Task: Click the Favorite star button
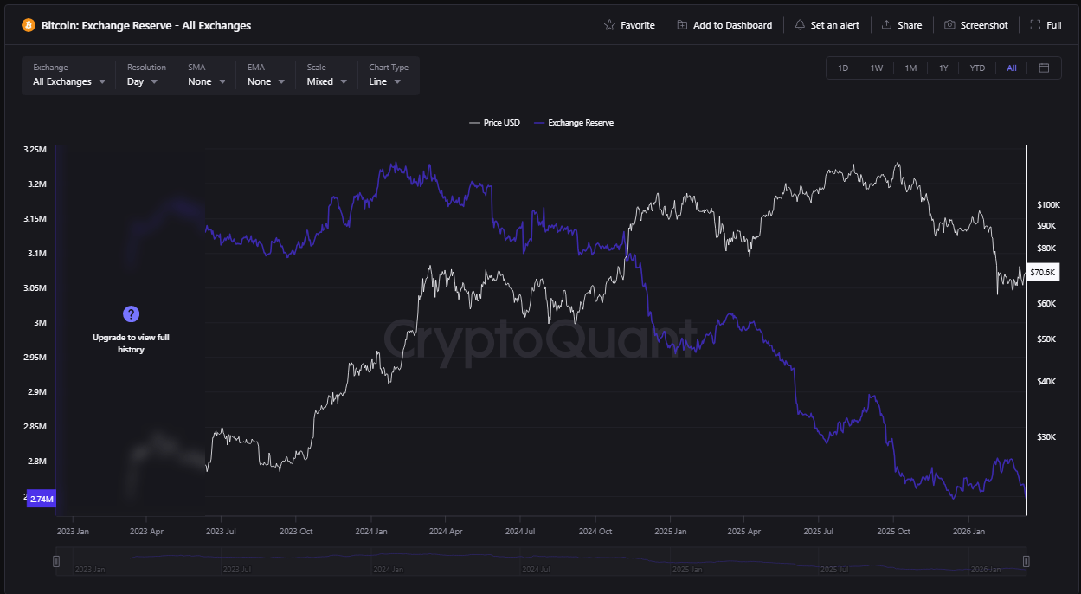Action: [x=629, y=25]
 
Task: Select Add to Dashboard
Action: [x=724, y=25]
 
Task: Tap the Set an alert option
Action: [x=827, y=25]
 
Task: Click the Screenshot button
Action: [x=976, y=25]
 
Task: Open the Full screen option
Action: [x=1046, y=25]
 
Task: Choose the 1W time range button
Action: [x=877, y=68]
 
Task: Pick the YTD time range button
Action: [x=977, y=68]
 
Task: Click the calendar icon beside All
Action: [x=1044, y=68]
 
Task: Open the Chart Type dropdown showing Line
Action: [x=385, y=81]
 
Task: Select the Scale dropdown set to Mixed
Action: [x=326, y=81]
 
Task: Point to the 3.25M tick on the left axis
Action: [x=35, y=150]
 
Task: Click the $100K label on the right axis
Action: [x=1048, y=205]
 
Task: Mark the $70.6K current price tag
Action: [x=1042, y=272]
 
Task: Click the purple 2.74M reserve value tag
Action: [x=42, y=499]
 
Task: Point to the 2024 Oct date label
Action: [x=595, y=531]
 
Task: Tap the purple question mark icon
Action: [x=131, y=313]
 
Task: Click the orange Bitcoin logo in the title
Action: [x=29, y=25]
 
